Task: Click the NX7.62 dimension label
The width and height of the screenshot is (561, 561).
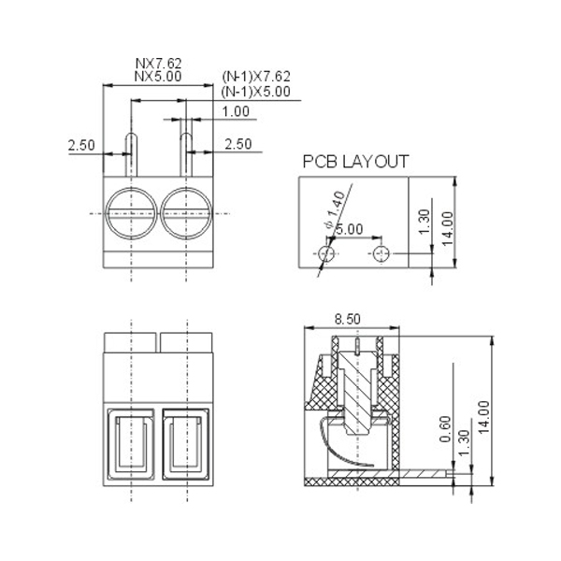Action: click(x=159, y=64)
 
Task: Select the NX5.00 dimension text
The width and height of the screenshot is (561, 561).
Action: click(x=158, y=77)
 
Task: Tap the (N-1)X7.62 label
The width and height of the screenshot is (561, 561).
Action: click(x=256, y=77)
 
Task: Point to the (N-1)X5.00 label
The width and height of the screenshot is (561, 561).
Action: click(x=256, y=92)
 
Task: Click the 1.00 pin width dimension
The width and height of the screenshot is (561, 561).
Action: click(x=236, y=111)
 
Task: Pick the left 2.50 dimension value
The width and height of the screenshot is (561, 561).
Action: click(x=81, y=145)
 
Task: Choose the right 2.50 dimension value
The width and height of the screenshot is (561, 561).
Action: click(x=238, y=144)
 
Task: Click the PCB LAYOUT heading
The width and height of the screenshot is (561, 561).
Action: click(x=355, y=162)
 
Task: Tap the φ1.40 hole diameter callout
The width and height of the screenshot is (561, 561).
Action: click(x=335, y=209)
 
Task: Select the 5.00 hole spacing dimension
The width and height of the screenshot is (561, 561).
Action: click(x=350, y=229)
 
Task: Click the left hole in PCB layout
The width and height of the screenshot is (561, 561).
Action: click(x=326, y=253)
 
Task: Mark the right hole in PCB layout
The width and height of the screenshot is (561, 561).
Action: click(x=381, y=253)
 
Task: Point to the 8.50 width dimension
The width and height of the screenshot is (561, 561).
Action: click(x=348, y=319)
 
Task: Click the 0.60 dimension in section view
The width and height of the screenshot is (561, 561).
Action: click(x=445, y=429)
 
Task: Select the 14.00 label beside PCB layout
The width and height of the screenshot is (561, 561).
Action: click(x=448, y=229)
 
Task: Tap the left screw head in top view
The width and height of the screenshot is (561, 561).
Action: click(x=131, y=213)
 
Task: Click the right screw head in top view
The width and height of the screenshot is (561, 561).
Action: click(x=186, y=213)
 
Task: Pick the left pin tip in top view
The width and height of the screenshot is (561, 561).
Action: click(x=131, y=135)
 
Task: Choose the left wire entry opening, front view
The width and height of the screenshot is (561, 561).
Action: click(x=131, y=443)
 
